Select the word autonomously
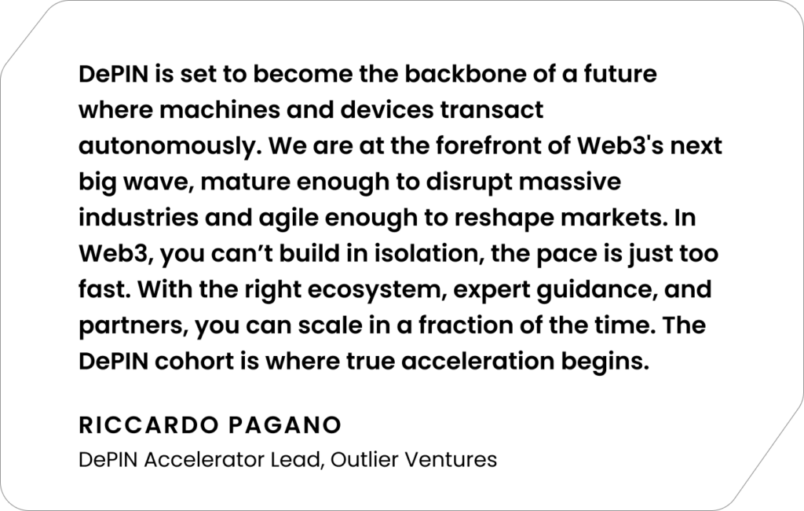click(x=170, y=147)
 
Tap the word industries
click(x=138, y=218)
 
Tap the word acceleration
click(x=477, y=362)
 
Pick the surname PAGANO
click(x=285, y=425)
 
